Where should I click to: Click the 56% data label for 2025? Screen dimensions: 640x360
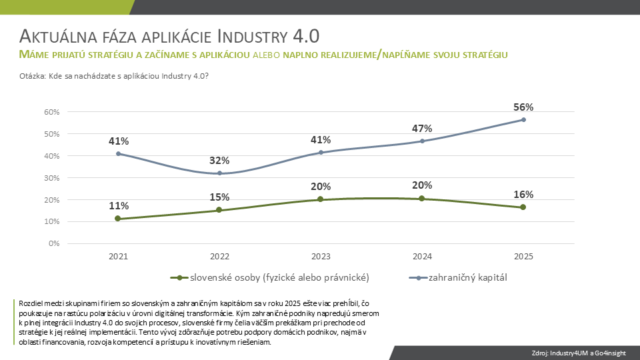(523, 107)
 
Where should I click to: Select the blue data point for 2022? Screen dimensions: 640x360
(219, 173)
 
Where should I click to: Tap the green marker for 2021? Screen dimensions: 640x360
(118, 219)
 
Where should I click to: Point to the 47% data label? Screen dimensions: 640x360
(422, 129)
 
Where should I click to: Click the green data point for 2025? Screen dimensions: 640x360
(523, 207)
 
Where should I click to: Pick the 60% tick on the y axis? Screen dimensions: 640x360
(52, 112)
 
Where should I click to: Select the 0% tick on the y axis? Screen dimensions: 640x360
(54, 243)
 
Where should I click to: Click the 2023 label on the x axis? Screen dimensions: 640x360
(321, 256)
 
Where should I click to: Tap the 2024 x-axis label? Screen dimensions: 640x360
(422, 256)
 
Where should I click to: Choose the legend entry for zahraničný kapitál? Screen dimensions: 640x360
(458, 277)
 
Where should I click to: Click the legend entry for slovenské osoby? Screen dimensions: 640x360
(270, 277)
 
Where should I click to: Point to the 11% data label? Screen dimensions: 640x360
(119, 206)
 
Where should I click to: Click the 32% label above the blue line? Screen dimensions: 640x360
(219, 161)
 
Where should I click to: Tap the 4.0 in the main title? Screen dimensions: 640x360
(306, 36)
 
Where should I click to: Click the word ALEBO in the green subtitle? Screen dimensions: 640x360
(267, 55)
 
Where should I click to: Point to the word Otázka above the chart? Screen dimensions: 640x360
(32, 76)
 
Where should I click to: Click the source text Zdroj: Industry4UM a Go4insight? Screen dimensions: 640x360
(579, 353)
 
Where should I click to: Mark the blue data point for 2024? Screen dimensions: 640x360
(422, 141)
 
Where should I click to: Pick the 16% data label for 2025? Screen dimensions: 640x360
(523, 194)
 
